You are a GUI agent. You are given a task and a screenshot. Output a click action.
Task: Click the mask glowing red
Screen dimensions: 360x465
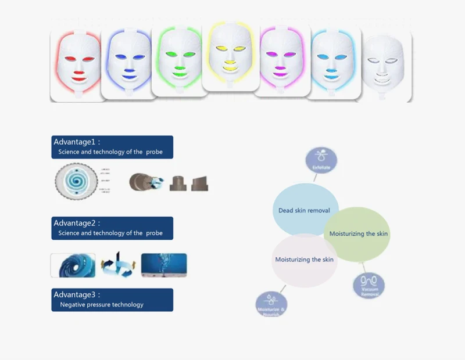click(x=76, y=64)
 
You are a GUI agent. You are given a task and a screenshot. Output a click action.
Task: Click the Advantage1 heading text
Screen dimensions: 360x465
click(x=77, y=142)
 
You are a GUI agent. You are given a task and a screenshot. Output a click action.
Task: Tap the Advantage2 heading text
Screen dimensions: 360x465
click(x=77, y=223)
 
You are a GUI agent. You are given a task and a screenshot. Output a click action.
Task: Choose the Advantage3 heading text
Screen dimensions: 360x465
click(x=77, y=294)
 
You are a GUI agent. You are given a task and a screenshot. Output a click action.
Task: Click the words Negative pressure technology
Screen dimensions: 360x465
click(x=102, y=304)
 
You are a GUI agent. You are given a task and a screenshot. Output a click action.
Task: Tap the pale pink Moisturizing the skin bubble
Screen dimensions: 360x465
click(x=304, y=260)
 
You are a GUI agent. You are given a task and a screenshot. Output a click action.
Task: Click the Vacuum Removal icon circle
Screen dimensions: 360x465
click(x=369, y=285)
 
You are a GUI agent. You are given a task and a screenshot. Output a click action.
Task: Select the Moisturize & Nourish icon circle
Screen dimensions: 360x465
click(x=271, y=305)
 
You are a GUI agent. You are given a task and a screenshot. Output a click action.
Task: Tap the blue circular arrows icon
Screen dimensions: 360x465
click(x=117, y=265)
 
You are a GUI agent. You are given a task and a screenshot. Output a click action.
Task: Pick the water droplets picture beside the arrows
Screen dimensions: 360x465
click(x=163, y=265)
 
